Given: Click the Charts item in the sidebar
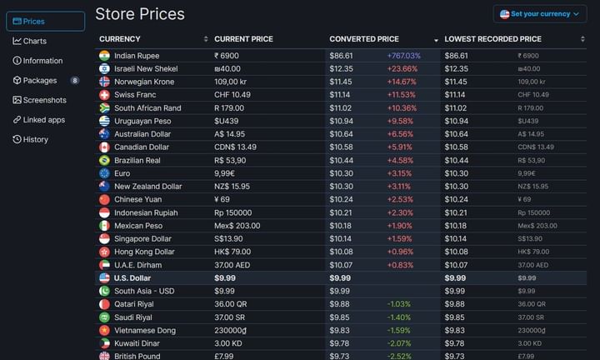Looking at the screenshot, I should (35, 41).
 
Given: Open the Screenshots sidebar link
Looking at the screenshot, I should (44, 100).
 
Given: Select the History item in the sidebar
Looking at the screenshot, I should (35, 139).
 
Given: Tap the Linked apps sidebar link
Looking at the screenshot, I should (43, 120).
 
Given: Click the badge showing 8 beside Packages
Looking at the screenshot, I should (75, 81).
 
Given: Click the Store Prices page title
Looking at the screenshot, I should (140, 14).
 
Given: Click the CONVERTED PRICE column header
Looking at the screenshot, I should (364, 39).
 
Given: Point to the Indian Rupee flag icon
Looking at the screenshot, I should (104, 55).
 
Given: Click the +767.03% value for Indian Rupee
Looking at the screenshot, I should (403, 55).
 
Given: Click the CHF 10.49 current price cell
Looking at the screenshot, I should (233, 95).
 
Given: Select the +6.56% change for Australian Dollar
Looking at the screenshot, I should (400, 134).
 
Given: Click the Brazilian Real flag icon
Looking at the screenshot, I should (104, 160).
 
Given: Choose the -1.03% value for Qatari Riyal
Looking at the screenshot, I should (399, 304).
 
